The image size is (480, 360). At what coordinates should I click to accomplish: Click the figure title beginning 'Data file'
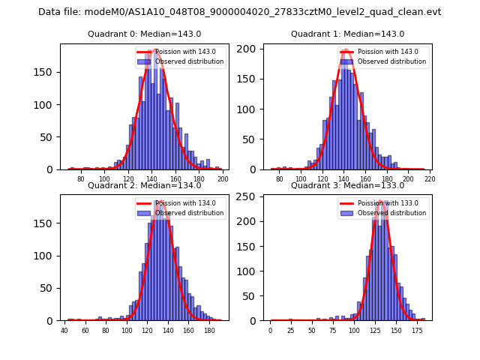(x=240, y=12)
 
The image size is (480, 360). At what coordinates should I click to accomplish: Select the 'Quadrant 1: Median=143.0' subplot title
(x=347, y=34)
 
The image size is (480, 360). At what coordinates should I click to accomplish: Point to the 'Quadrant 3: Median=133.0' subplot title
(x=347, y=185)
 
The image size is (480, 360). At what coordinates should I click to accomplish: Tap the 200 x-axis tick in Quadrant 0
(x=223, y=179)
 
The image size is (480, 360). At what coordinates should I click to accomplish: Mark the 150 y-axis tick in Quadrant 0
(x=47, y=73)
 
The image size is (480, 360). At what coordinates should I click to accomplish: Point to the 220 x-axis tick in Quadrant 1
(x=430, y=179)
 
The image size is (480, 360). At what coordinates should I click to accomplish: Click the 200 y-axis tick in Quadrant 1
(x=251, y=49)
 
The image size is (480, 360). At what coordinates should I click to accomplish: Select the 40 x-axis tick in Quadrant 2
(x=64, y=330)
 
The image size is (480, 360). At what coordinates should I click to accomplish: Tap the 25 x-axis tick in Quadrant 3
(x=291, y=330)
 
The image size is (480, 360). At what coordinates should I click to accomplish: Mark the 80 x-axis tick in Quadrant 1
(x=280, y=179)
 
